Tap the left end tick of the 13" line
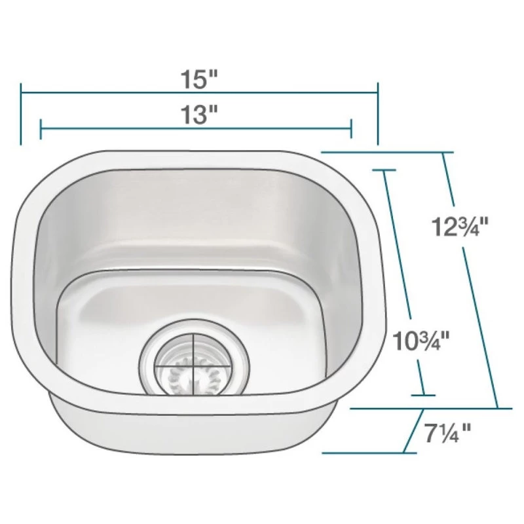point(41,130)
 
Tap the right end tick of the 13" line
point(352,130)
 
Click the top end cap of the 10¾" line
point(384,170)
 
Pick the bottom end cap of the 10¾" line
point(423,395)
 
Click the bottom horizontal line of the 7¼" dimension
point(364,452)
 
